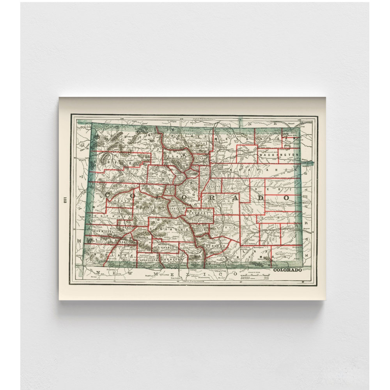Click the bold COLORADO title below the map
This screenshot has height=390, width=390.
(x=287, y=270)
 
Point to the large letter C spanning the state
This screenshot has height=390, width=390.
(x=106, y=194)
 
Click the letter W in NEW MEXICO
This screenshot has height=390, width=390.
(x=127, y=273)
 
